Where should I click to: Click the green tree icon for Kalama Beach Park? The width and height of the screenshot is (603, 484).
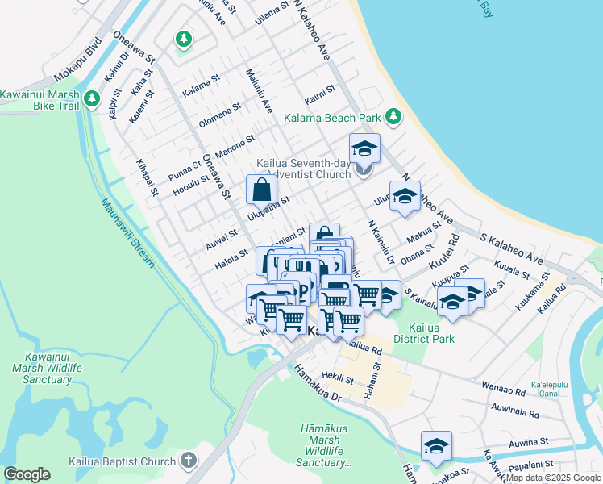[x=393, y=118]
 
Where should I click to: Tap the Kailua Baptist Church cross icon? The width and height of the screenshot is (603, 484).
[x=188, y=461]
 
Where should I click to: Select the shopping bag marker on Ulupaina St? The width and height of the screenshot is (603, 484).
[x=261, y=190]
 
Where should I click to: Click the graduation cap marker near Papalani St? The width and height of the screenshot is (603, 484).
[x=436, y=446]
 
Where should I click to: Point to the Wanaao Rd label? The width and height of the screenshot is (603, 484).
[x=504, y=388]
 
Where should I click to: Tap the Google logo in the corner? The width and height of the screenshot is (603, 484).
[x=27, y=474]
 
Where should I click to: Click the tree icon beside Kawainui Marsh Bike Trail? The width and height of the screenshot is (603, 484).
[x=93, y=99]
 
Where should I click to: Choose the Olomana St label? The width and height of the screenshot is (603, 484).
[x=220, y=117]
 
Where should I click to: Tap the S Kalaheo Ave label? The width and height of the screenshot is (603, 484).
[x=512, y=248]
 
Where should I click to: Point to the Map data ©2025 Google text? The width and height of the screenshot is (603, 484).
[x=553, y=478]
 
